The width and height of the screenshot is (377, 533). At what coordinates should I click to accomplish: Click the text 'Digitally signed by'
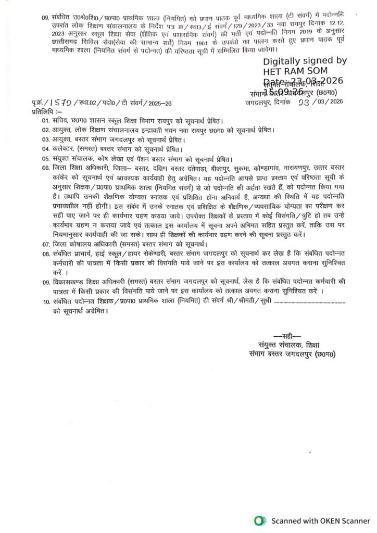pyautogui.click(x=305, y=61)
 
